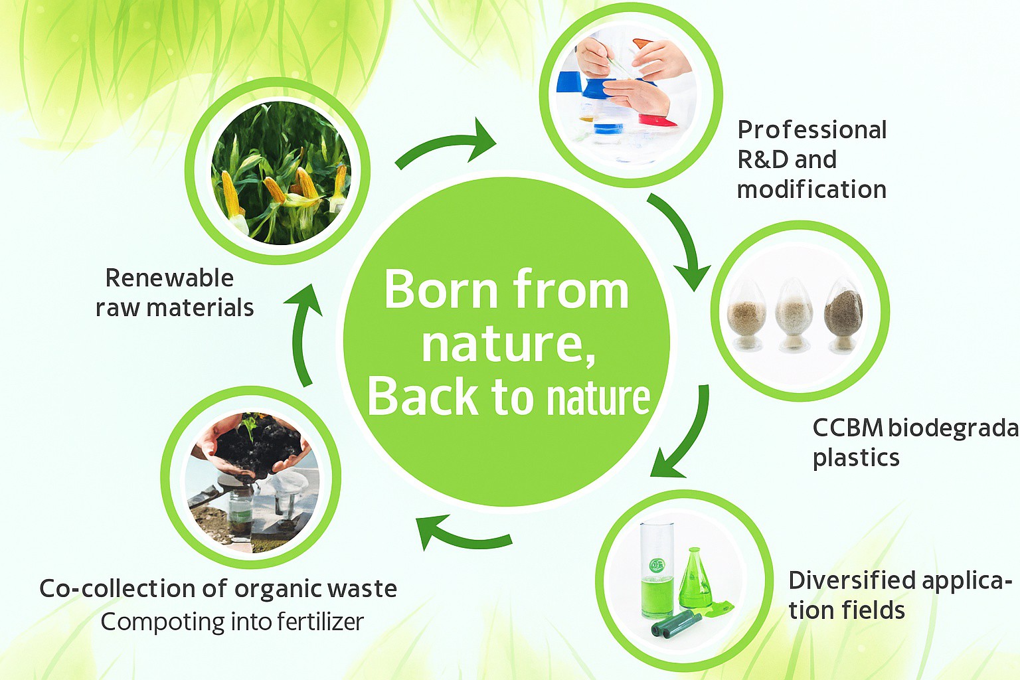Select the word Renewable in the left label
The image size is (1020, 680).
click(x=169, y=278)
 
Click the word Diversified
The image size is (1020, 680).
click(x=852, y=580)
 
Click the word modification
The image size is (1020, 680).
click(x=812, y=189)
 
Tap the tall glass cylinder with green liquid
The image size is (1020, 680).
click(x=657, y=569)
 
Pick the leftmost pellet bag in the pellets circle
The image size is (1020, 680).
click(x=746, y=317)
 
